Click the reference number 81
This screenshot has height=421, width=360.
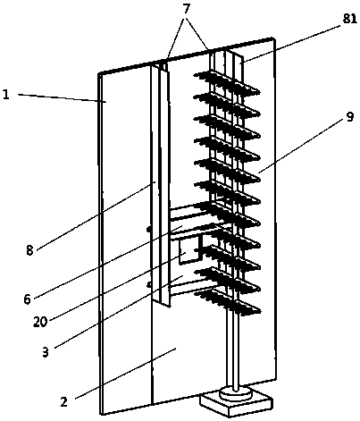349,19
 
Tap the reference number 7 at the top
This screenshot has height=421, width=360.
186,9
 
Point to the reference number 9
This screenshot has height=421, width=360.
350,117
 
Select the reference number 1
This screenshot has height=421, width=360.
6,95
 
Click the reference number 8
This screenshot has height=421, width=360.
29,250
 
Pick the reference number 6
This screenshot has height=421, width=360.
28,299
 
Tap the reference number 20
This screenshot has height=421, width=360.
40,322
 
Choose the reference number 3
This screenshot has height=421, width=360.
45,352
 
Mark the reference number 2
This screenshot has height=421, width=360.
64,402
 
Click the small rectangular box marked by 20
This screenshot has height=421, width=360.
190,251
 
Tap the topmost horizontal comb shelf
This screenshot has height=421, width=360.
227,82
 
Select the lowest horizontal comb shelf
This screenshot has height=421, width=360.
228,302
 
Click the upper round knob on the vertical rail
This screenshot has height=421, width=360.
149,229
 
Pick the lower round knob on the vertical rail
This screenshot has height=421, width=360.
149,285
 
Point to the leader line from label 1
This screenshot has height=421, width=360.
63,98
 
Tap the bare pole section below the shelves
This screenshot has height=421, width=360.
235,350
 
